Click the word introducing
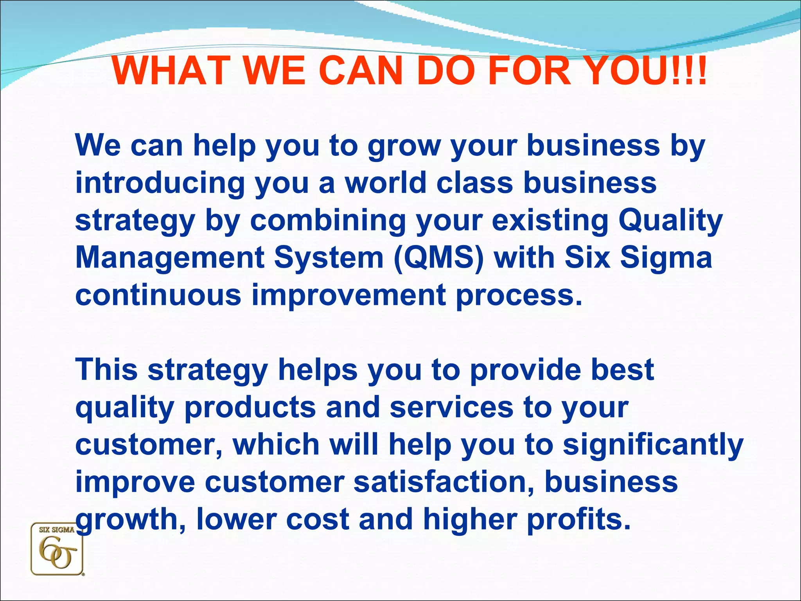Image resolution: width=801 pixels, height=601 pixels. [x=160, y=183]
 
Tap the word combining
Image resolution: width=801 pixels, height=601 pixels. [x=328, y=221]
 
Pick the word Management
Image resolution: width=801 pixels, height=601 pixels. [x=169, y=258]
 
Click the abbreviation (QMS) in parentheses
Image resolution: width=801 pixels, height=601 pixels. [x=438, y=258]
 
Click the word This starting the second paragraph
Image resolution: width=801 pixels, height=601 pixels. [x=106, y=369]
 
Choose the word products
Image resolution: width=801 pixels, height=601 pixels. [x=250, y=408]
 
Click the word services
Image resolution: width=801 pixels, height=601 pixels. [x=451, y=407]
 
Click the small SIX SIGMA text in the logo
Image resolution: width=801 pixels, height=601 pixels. [x=57, y=530]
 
